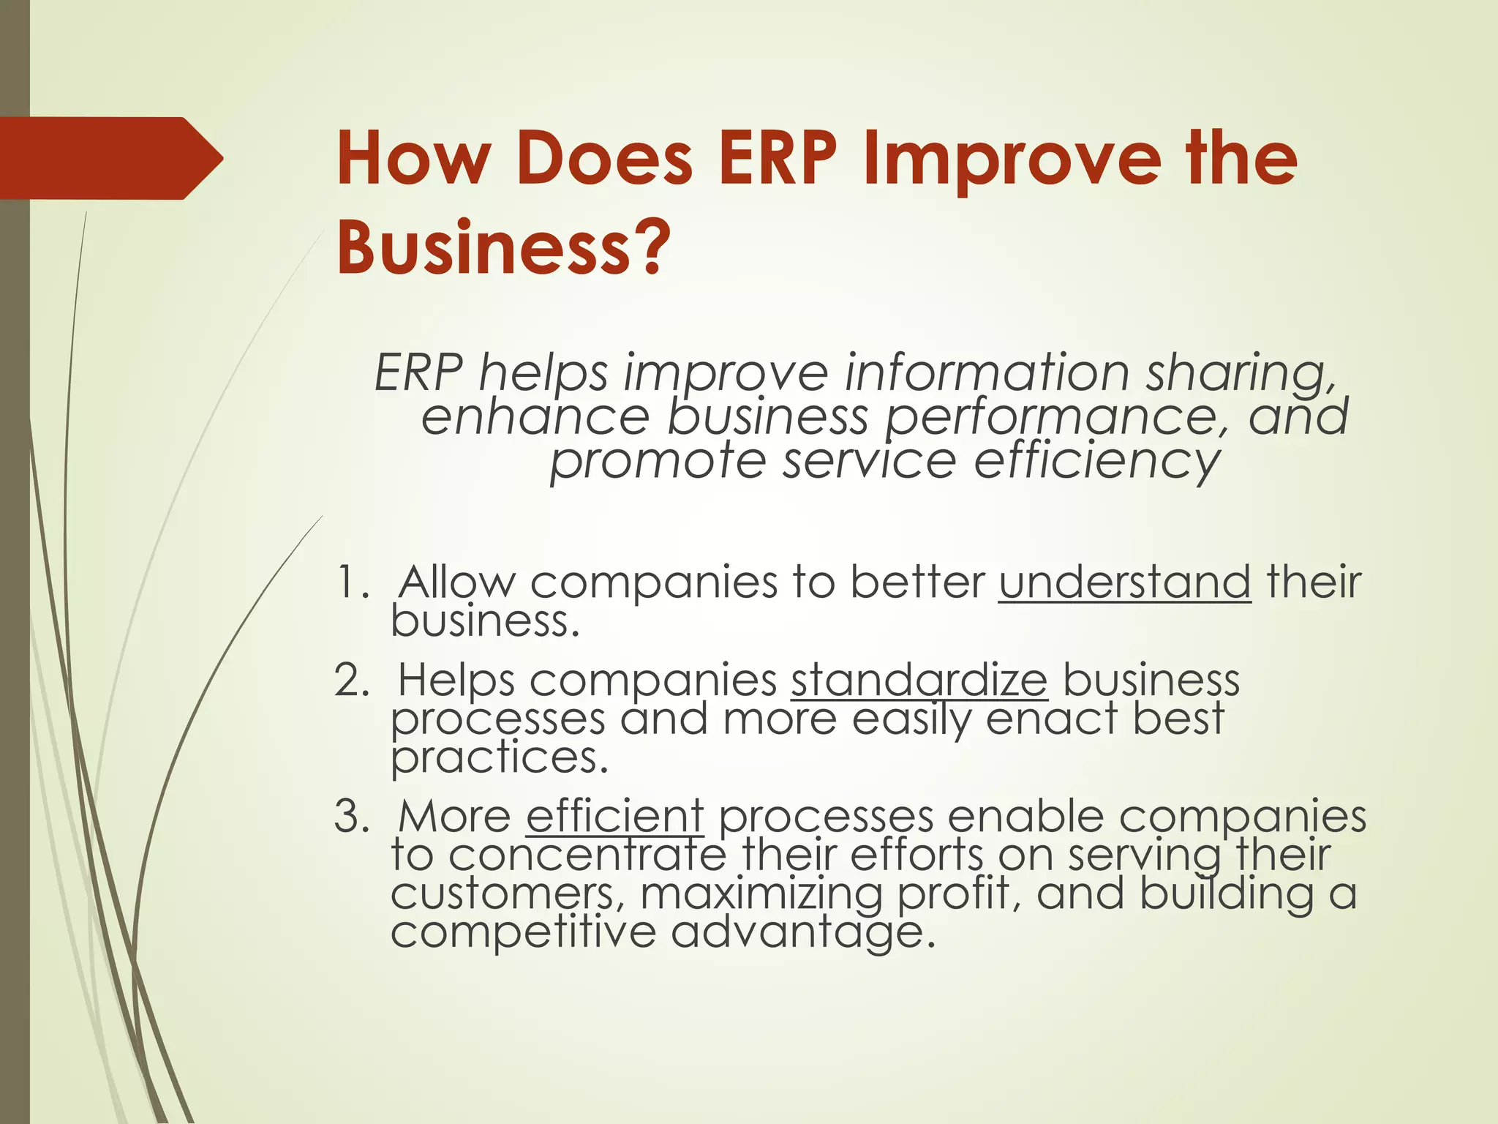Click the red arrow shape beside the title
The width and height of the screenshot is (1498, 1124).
(110, 158)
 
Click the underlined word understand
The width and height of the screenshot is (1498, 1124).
(1124, 582)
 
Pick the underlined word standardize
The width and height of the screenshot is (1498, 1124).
(919, 680)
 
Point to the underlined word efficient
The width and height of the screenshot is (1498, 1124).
(614, 816)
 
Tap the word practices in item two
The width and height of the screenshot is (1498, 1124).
(500, 758)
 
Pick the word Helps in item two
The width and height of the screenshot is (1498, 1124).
(456, 681)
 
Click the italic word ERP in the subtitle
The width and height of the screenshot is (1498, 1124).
(418, 373)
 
